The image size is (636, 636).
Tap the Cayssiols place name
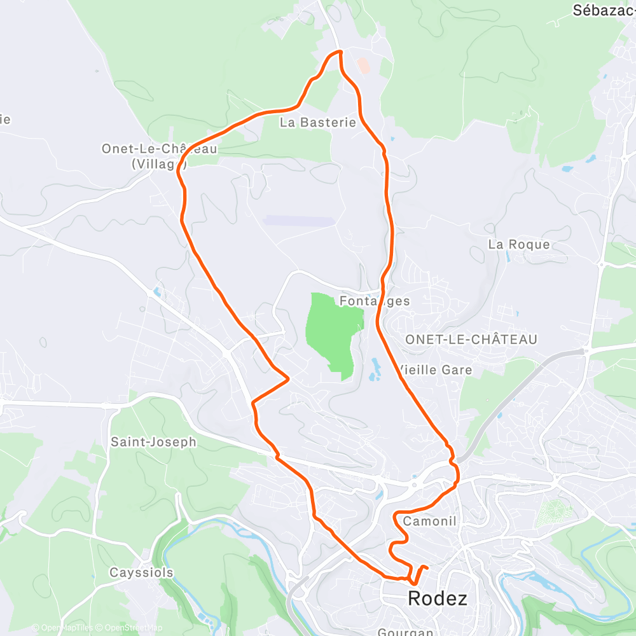pyautogui.click(x=141, y=572)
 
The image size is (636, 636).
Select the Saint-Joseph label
pyautogui.click(x=153, y=441)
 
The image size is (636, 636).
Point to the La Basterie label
pyautogui.click(x=318, y=123)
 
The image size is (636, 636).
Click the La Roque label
pyautogui.click(x=519, y=244)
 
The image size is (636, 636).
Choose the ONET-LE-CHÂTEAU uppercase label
pyautogui.click(x=471, y=340)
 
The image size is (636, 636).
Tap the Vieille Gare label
pyautogui.click(x=435, y=370)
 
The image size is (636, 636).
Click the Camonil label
pyautogui.click(x=430, y=522)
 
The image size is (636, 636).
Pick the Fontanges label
pyautogui.click(x=375, y=300)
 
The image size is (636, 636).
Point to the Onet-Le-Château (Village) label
pyautogui.click(x=159, y=156)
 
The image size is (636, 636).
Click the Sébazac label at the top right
pyautogui.click(x=604, y=10)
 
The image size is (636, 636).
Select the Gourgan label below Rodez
pyautogui.click(x=405, y=632)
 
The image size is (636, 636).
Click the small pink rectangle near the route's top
pyautogui.click(x=363, y=65)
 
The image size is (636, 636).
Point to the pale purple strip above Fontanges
pyautogui.click(x=298, y=221)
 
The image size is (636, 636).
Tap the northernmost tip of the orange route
pyautogui.click(x=340, y=51)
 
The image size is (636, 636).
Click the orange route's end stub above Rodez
pyautogui.click(x=425, y=567)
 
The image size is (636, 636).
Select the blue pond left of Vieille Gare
pyautogui.click(x=375, y=368)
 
